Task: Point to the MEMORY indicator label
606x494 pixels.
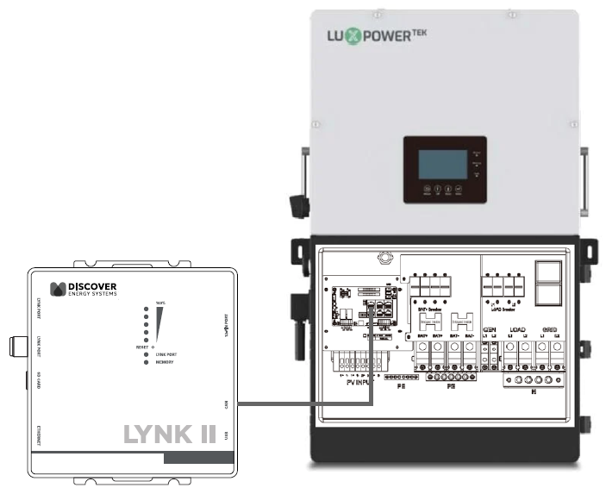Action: click(x=167, y=362)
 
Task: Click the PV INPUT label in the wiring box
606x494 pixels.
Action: click(x=362, y=382)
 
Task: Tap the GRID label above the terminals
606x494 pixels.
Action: click(x=548, y=329)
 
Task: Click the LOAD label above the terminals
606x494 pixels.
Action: click(x=516, y=329)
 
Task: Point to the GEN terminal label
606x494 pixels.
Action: click(x=489, y=329)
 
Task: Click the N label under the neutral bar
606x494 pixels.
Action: click(x=534, y=392)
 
